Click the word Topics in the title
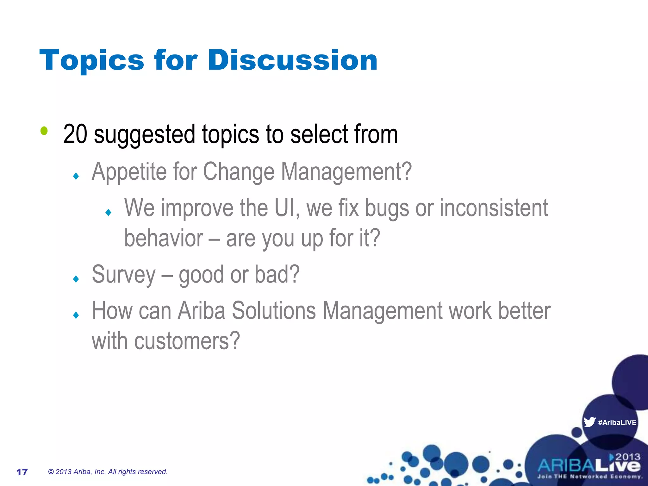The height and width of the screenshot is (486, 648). click(92, 61)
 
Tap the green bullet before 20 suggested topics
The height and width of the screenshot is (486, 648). click(44, 131)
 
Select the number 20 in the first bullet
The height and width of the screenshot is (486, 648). click(75, 134)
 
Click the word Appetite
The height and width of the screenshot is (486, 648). click(129, 172)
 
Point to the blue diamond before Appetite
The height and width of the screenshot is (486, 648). click(76, 176)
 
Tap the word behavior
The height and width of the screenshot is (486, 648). click(164, 238)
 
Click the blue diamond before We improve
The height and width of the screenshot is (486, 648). click(109, 212)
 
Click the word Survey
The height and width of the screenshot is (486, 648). click(124, 275)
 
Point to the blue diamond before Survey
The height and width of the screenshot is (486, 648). click(76, 279)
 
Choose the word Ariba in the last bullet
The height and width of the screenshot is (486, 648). click(202, 311)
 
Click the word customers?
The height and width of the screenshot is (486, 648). click(187, 341)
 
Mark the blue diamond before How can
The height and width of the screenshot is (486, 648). click(76, 315)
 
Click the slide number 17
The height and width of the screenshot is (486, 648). click(22, 472)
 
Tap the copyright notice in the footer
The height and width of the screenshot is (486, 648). click(108, 472)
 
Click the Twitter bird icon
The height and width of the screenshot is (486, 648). click(589, 422)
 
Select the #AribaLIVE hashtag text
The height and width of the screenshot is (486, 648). click(617, 422)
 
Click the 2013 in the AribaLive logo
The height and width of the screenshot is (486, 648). click(628, 457)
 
